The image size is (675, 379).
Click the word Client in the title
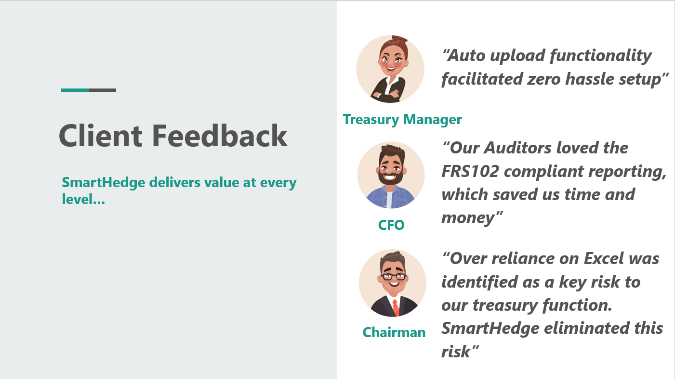pyautogui.click(x=100, y=136)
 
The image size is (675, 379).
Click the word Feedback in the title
pyautogui.click(x=220, y=136)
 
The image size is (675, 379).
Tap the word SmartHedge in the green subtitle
pyautogui.click(x=104, y=182)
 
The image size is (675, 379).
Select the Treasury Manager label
pyautogui.click(x=402, y=120)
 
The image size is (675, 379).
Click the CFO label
pyautogui.click(x=391, y=225)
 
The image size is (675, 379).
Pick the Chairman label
pyautogui.click(x=394, y=332)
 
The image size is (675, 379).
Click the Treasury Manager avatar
pyautogui.click(x=390, y=69)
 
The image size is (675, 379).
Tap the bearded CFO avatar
pyautogui.click(x=391, y=175)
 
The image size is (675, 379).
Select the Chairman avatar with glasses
pyautogui.click(x=392, y=283)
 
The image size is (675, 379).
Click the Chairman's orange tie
pyautogui.click(x=396, y=308)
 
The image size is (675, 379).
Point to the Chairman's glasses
pyautogui.click(x=393, y=276)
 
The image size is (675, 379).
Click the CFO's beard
pyautogui.click(x=391, y=176)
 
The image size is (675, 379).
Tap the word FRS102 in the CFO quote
pyautogui.click(x=470, y=171)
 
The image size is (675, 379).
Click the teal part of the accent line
pyautogui.click(x=75, y=90)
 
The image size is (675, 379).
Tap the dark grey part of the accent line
pyautogui.click(x=103, y=90)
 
